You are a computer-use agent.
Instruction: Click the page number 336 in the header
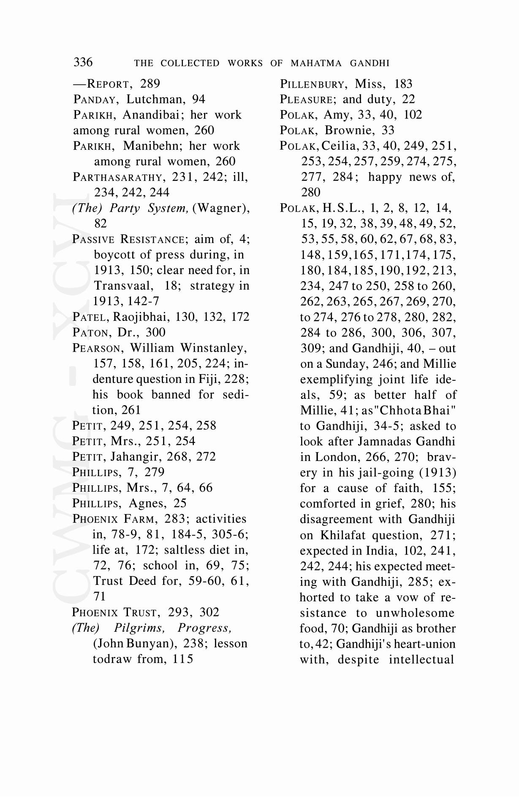(x=83, y=62)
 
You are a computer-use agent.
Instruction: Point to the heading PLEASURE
(x=307, y=100)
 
